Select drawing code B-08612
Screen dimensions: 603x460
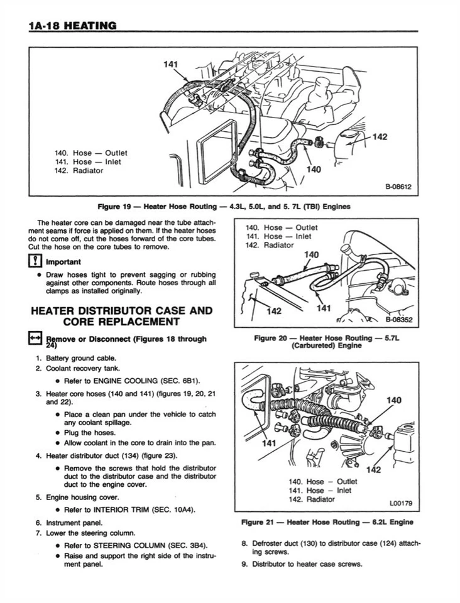tap(398, 187)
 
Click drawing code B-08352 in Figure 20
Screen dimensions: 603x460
tap(398, 319)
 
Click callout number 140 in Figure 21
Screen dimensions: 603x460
tap(394, 400)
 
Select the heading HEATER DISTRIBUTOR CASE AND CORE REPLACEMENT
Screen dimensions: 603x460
tap(121, 316)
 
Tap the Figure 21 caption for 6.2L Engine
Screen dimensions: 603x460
tap(327, 522)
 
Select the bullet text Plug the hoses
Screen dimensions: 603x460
tap(89, 433)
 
